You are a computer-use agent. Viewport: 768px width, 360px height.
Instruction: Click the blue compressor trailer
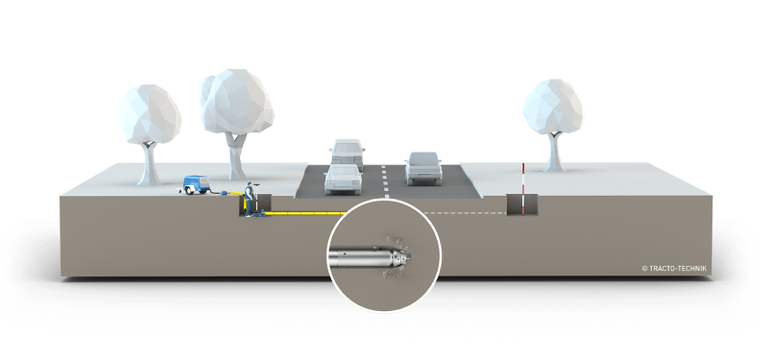pyautogui.click(x=196, y=184)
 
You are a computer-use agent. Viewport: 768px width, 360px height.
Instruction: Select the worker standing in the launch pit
pyautogui.click(x=249, y=200)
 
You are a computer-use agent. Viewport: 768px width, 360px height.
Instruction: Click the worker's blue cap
pyautogui.click(x=250, y=184)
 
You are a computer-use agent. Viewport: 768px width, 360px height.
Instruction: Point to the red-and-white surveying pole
pyautogui.click(x=522, y=189)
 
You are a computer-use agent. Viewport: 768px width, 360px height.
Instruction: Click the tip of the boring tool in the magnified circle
pyautogui.click(x=409, y=256)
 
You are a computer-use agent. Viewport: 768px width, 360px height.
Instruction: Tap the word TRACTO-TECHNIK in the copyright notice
pyautogui.click(x=679, y=269)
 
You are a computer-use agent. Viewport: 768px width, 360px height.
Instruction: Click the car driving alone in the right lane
pyautogui.click(x=423, y=168)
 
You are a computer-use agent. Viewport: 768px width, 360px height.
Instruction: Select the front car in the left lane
pyautogui.click(x=343, y=179)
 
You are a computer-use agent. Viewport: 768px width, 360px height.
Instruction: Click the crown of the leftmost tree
pyautogui.click(x=149, y=114)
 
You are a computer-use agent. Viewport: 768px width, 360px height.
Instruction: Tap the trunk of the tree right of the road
pyautogui.click(x=555, y=151)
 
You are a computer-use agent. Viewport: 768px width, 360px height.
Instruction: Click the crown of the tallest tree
pyautogui.click(x=237, y=102)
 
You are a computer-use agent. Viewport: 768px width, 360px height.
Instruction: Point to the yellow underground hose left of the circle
pyautogui.click(x=307, y=213)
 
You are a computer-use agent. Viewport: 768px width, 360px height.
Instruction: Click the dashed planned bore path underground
pyautogui.click(x=465, y=213)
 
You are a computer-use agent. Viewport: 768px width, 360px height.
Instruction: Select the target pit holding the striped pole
pyautogui.click(x=521, y=204)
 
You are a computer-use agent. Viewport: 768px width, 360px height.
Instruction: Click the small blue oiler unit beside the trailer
pyautogui.click(x=225, y=194)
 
